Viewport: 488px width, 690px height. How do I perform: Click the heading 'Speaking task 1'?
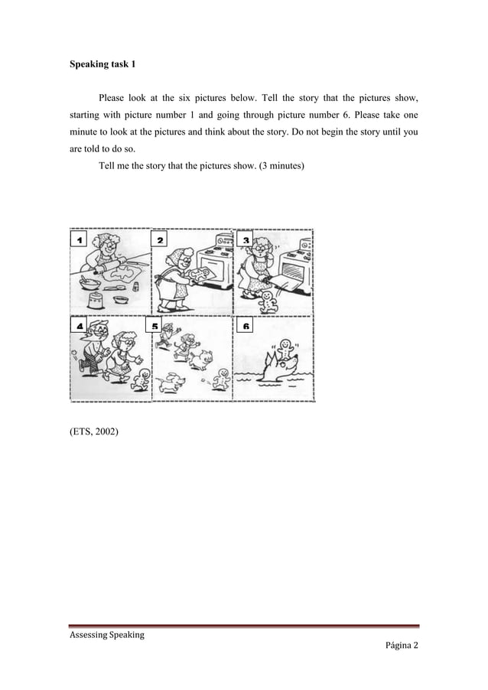(x=103, y=64)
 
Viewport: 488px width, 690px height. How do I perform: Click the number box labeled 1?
(x=79, y=240)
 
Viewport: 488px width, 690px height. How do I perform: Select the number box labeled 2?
(x=161, y=240)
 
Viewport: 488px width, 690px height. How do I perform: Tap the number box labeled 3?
(x=246, y=240)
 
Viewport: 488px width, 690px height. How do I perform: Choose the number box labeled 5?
(x=155, y=327)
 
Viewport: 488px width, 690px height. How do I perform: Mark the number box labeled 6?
(x=246, y=327)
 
